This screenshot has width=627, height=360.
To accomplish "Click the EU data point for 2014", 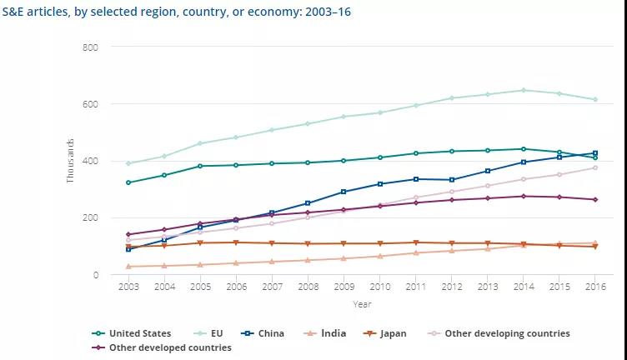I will coord(523,90).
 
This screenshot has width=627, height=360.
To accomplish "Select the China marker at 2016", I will coord(594,153).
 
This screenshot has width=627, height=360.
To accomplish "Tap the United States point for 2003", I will coord(128,182).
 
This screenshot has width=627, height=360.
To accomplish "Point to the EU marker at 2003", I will coord(128,163).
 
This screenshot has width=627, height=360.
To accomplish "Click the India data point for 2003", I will coord(128,267).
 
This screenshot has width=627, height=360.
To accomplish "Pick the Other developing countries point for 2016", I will coord(594,167).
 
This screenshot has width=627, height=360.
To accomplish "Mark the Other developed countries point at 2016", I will coord(594,199).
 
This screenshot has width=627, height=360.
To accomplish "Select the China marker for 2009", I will coord(344,192).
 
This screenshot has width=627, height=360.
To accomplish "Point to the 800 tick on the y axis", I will coord(91,47).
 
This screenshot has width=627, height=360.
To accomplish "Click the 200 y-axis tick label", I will coord(91,217).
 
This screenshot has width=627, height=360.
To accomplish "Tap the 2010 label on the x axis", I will coord(379,287).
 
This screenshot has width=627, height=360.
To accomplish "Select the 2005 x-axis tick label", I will coord(200,287).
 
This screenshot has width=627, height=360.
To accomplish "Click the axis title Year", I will coord(361,304).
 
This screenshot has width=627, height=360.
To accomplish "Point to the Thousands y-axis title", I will coord(71,161).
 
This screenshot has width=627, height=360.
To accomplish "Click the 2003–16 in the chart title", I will coord(323,12).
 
